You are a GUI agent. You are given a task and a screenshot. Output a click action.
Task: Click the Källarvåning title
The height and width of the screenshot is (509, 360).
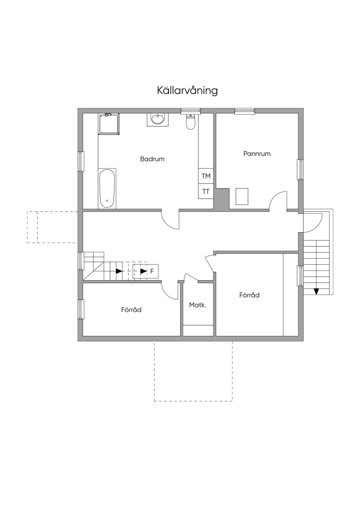click(187, 90)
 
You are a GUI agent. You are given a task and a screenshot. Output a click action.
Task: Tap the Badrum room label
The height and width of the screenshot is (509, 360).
click(152, 159)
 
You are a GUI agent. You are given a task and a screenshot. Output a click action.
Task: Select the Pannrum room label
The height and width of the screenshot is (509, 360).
click(257, 154)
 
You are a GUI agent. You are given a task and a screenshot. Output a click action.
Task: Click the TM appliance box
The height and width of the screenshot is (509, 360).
click(206, 176)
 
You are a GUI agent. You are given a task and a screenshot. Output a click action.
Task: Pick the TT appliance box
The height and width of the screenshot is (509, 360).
click(206, 191)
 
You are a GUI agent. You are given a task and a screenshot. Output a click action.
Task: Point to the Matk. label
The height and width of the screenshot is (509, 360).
click(198, 305)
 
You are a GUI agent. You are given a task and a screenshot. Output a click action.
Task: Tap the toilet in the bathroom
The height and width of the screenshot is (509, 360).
click(191, 122)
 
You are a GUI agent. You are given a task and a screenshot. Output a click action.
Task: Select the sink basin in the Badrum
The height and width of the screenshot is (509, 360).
click(158, 120)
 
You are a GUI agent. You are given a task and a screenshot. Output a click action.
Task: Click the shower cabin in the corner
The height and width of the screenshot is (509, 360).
click(109, 124)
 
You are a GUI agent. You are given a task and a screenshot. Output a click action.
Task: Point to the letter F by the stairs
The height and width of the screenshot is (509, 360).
click(152, 271)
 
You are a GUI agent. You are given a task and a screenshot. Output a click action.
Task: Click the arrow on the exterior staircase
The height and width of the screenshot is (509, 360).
click(316, 291)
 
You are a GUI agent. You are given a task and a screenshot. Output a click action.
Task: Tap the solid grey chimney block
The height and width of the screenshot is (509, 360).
click(222, 199)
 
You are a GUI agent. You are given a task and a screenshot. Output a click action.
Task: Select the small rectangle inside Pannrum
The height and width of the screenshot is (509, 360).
click(242, 196)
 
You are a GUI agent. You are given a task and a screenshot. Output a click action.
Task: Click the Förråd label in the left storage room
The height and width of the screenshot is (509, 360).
click(131, 310)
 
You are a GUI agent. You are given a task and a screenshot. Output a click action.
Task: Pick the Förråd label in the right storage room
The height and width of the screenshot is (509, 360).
click(249, 295)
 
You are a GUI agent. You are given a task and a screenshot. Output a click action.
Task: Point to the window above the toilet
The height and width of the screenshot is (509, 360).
click(191, 111)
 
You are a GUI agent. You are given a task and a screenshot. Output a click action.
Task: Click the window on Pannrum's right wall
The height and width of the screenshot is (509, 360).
click(301, 169)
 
